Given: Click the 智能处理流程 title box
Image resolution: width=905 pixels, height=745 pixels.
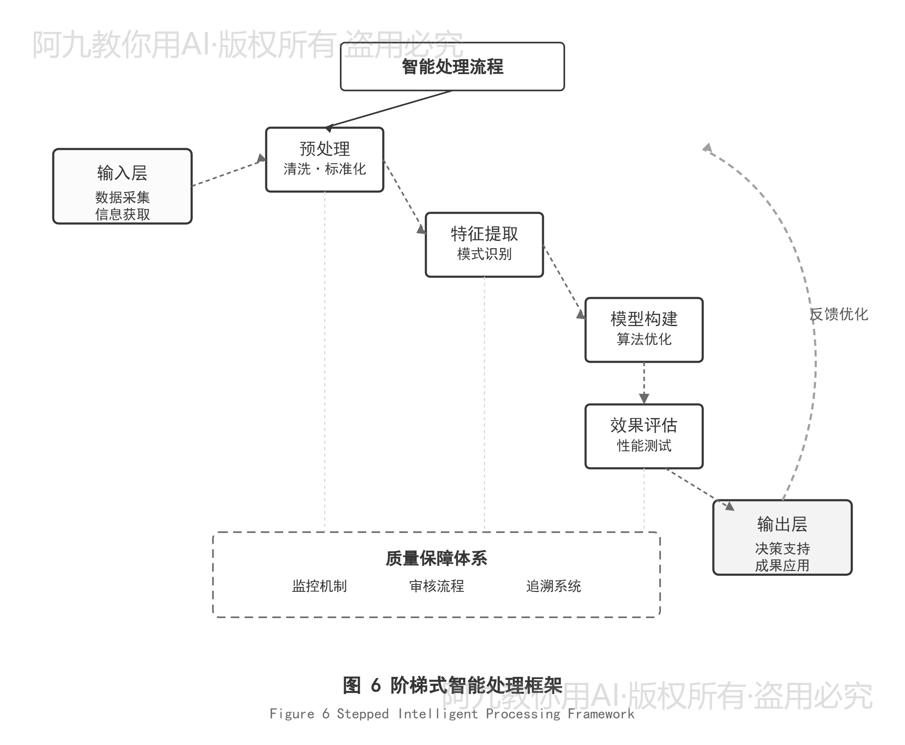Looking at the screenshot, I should (451, 66).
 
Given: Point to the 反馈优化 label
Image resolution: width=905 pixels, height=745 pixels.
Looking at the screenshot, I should (839, 314).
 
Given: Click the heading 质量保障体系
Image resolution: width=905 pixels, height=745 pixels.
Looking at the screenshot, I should (436, 558).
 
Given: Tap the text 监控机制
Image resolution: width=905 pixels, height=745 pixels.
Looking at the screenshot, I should (319, 586).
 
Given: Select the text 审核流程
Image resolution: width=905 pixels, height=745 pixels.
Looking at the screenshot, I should (436, 586).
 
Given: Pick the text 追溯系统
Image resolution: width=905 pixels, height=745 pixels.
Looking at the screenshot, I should (553, 586).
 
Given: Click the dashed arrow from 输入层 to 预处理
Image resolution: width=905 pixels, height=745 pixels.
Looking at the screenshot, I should (227, 173).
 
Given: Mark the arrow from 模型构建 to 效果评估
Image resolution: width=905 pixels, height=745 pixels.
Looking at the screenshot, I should (644, 382).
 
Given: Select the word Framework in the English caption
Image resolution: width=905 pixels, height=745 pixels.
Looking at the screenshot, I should (600, 713).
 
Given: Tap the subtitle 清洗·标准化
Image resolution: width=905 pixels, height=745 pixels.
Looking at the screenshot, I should (324, 169).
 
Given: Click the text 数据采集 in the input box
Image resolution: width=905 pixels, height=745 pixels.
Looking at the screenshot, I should (122, 198).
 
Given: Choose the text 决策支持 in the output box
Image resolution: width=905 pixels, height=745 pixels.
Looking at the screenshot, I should (782, 548).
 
